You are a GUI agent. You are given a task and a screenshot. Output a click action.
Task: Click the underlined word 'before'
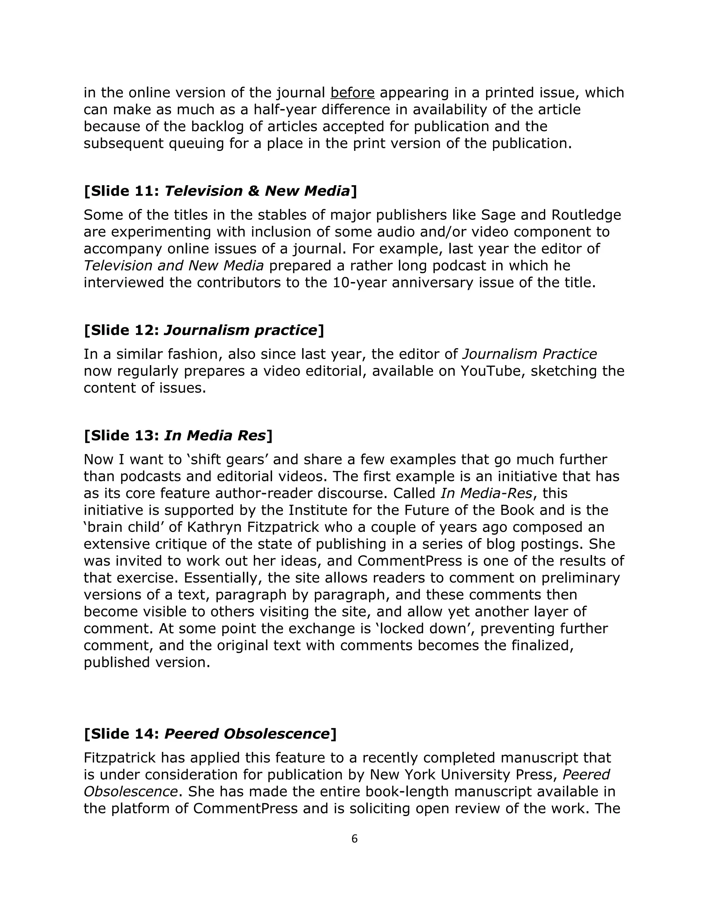[x=352, y=92]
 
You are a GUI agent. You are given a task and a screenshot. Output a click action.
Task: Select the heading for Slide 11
[x=221, y=191]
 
